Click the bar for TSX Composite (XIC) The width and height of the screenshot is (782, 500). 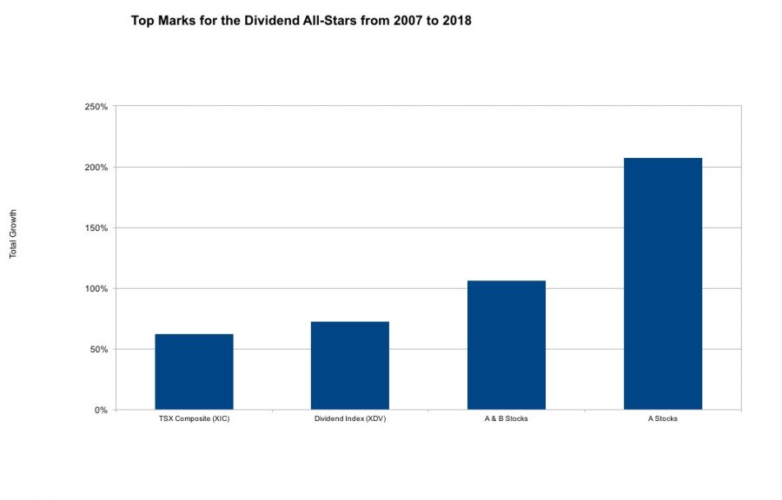tap(194, 372)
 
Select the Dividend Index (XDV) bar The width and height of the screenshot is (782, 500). tap(349, 365)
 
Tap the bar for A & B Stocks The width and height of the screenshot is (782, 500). tap(506, 345)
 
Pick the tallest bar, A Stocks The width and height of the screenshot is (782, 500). tap(662, 284)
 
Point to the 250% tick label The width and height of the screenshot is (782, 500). tap(96, 107)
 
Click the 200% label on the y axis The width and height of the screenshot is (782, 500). tap(96, 168)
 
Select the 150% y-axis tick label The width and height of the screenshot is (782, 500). tap(96, 228)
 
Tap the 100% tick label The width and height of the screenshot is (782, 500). tap(96, 289)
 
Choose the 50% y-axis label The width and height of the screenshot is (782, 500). tap(97, 350)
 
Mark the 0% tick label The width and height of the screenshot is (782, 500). tap(100, 411)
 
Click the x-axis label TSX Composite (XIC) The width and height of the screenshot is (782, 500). tap(194, 419)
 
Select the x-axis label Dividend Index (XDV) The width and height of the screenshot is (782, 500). tap(349, 419)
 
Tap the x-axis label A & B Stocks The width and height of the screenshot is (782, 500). tap(506, 419)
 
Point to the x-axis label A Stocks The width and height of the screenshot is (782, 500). tap(662, 419)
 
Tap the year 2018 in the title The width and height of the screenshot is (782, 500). tap(454, 19)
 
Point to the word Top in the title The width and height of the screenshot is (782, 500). tap(143, 19)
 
